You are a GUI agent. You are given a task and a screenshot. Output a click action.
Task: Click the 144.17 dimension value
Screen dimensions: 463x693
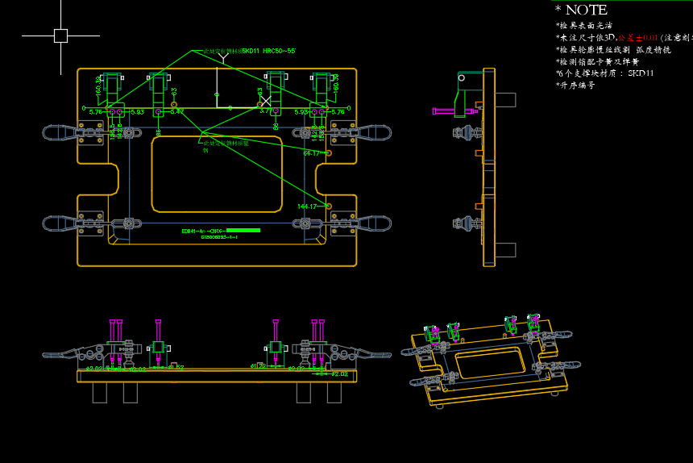[x=307, y=206]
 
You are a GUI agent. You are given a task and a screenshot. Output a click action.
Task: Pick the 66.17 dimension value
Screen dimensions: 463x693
[x=312, y=153]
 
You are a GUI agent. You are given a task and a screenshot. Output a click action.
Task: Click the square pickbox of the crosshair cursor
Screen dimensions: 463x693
[x=60, y=35]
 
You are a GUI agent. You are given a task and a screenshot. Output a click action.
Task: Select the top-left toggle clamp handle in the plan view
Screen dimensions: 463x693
[x=60, y=133]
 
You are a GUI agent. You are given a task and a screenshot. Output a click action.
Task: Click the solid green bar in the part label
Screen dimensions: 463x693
[x=243, y=231]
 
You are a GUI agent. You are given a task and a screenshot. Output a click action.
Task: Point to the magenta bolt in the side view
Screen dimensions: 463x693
[x=443, y=111]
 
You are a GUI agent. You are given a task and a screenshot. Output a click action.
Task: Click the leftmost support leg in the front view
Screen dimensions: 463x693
[x=100, y=392]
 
